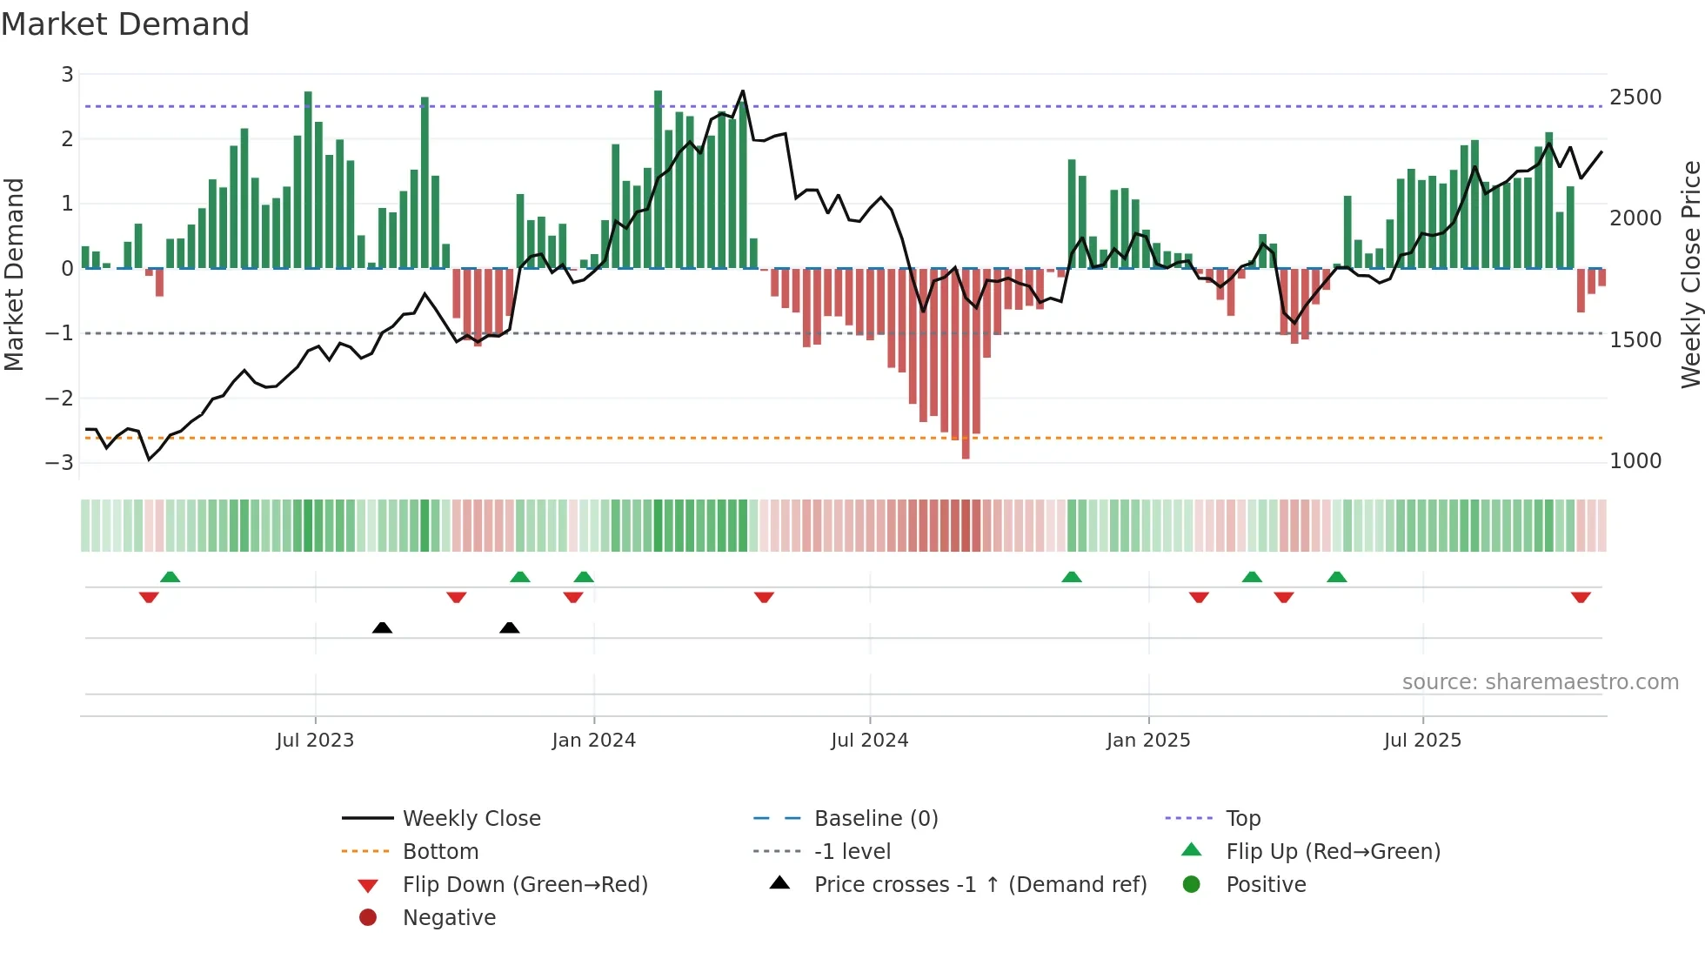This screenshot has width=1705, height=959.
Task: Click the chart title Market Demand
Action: tap(125, 24)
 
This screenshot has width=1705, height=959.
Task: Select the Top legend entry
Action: tap(1242, 818)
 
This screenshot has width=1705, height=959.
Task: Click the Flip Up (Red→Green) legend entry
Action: tap(1333, 851)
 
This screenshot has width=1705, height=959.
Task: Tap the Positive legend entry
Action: tap(1266, 884)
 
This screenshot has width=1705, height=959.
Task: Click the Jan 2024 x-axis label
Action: tap(593, 741)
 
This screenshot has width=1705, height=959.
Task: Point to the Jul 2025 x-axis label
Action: tap(1422, 741)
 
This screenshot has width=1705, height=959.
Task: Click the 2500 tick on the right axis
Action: tap(1635, 97)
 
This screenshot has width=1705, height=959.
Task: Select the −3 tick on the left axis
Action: tap(59, 462)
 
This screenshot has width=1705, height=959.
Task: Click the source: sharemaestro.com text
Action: tap(1540, 682)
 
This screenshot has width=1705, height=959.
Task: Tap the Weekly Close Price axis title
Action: tap(1690, 274)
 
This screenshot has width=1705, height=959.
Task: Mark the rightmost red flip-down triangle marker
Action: tap(1581, 597)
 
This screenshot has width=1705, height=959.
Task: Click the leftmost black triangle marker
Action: tap(382, 627)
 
